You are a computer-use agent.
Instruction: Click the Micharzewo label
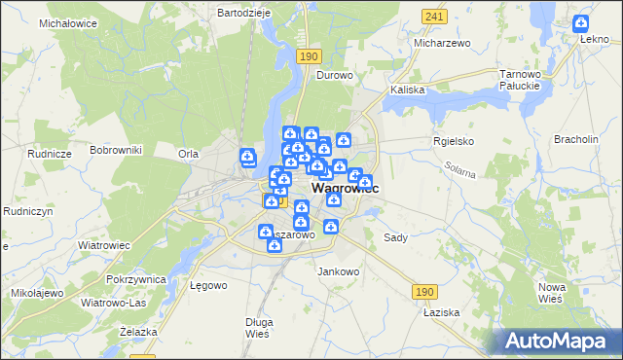(442, 43)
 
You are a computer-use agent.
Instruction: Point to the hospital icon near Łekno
(581, 22)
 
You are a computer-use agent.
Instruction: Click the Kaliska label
(408, 90)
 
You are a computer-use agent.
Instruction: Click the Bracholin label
(576, 139)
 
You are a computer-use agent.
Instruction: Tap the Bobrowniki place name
(116, 150)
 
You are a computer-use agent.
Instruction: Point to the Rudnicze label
(51, 154)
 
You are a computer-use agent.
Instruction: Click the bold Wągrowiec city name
(345, 189)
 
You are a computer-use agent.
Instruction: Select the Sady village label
(395, 237)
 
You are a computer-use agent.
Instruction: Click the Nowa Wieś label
(552, 292)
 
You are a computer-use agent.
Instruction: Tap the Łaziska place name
(441, 313)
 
